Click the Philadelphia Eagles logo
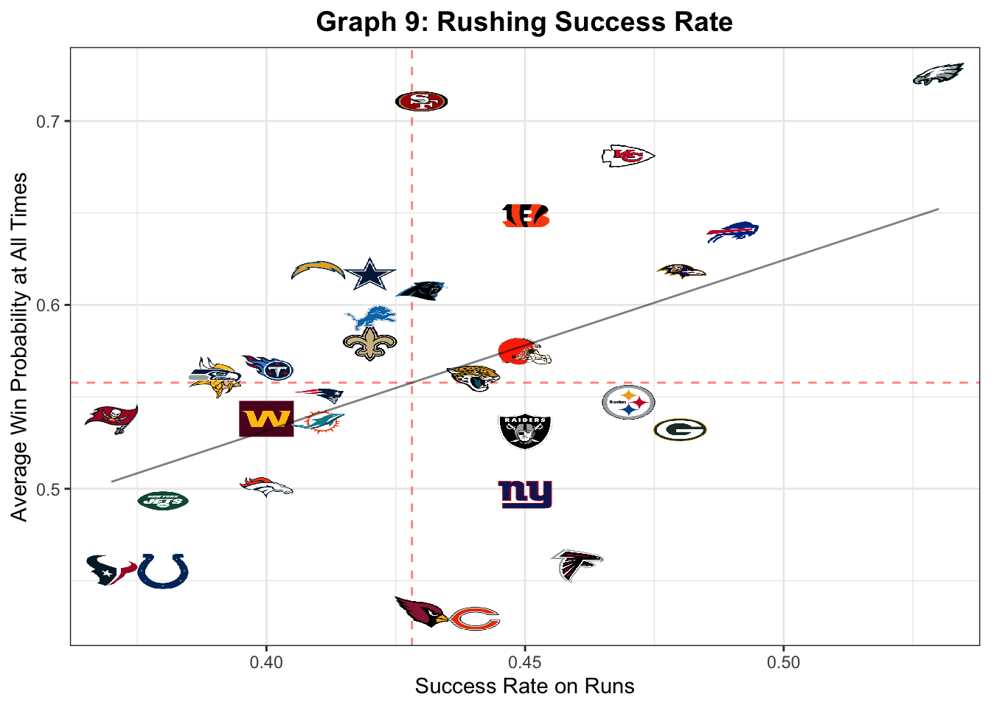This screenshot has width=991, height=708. (x=938, y=74)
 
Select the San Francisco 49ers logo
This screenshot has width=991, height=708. (x=421, y=101)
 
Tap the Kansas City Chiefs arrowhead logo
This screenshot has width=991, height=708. (x=627, y=156)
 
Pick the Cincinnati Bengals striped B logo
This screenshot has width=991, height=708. (x=526, y=215)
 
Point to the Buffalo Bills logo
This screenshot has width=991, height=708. (x=732, y=232)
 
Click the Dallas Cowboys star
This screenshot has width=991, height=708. (x=370, y=274)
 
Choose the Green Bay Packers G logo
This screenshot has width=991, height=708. (x=680, y=429)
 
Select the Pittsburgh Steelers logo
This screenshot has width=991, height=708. (x=628, y=403)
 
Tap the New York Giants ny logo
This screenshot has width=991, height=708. (x=525, y=494)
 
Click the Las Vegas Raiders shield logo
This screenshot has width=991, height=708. (x=524, y=431)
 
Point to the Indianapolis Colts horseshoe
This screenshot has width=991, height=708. (x=163, y=571)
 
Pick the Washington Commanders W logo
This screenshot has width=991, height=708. (x=266, y=419)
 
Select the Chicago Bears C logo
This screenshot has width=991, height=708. (x=475, y=619)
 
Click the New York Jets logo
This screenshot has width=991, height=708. (x=163, y=501)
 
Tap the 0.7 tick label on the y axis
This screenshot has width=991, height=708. (x=49, y=122)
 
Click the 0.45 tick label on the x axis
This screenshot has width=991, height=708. (x=524, y=662)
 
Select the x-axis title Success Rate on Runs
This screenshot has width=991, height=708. (x=524, y=686)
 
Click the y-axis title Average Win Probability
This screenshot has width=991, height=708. (x=19, y=347)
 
